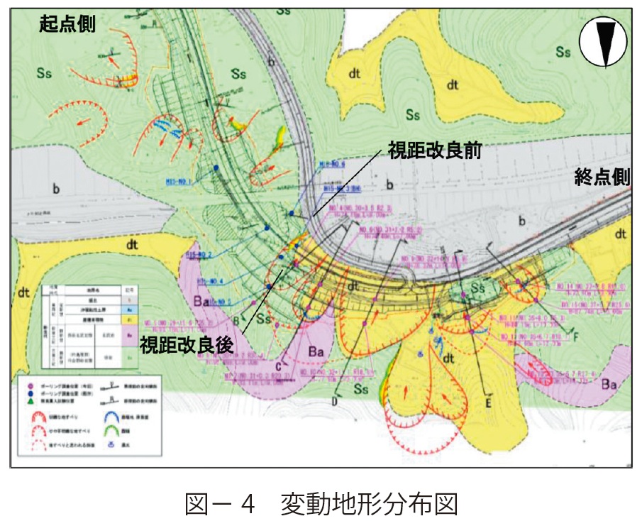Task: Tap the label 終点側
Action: pos(602,177)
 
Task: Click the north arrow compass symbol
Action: pos(602,42)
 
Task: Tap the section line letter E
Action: pos(489,401)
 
